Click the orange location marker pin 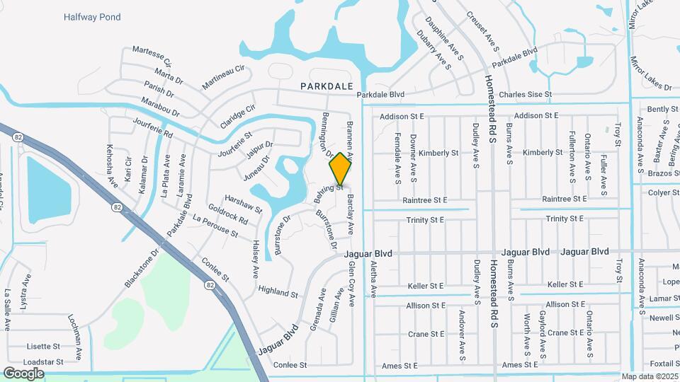(341, 168)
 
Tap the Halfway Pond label (92, 17)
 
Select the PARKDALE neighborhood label (327, 86)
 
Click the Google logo (23, 373)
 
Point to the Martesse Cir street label (153, 54)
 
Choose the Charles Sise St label (525, 95)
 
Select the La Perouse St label (215, 228)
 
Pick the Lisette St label (43, 347)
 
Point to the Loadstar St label (43, 361)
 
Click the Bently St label (662, 109)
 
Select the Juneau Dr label (256, 168)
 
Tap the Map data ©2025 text (649, 376)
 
